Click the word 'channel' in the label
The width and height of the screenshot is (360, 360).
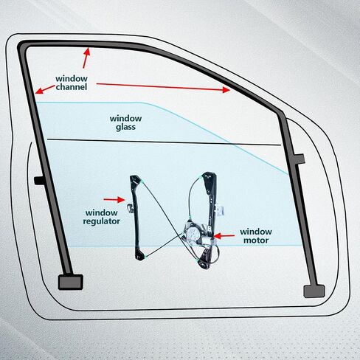coord(72,87)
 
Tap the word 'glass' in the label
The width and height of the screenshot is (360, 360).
coord(125,128)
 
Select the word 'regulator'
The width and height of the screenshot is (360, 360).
coord(101,221)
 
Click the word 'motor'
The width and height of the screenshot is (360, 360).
coord(256,240)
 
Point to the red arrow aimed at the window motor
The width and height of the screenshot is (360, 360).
coord(224,236)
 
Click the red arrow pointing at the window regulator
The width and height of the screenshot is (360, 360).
coord(114,200)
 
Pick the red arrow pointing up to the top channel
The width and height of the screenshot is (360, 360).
coord(86,58)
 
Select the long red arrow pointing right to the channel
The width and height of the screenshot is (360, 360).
coord(163,87)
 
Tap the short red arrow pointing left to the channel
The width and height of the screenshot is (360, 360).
coord(45,89)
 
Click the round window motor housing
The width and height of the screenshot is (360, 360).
coord(193,233)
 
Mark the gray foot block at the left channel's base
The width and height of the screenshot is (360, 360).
coord(71,282)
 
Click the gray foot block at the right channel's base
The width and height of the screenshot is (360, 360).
coord(314,291)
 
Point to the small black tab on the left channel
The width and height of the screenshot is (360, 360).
coord(39,181)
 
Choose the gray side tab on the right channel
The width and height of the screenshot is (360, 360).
coord(300,159)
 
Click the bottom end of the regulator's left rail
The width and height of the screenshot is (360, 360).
coord(140,257)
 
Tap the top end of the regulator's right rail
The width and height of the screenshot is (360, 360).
coord(209,175)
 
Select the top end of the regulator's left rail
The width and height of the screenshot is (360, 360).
coord(135,179)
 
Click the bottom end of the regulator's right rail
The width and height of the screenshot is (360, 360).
coord(204,265)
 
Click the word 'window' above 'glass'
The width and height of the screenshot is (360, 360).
coord(125,119)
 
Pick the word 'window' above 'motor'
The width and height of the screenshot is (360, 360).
coord(256,232)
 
